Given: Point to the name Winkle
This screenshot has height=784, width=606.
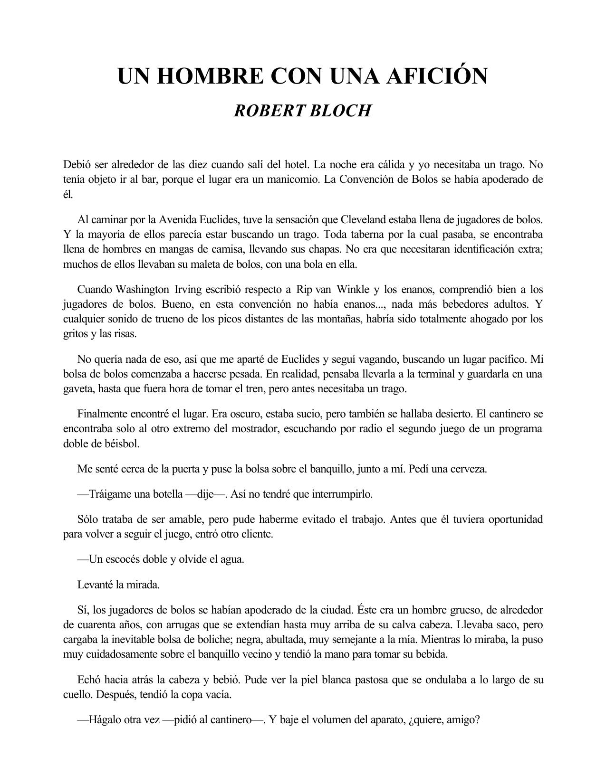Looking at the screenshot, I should pos(353,289).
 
